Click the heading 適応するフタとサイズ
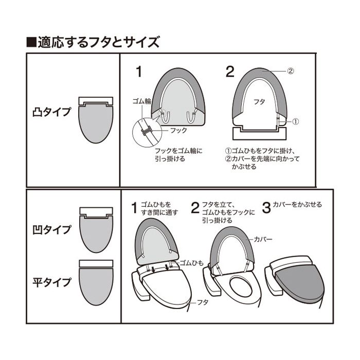point(99,42)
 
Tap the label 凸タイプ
point(51,112)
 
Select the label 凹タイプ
point(51,229)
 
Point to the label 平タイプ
point(51,282)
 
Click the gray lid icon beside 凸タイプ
point(96,123)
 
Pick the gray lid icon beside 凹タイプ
point(96,233)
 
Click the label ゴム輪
point(141,101)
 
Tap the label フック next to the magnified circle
point(178,131)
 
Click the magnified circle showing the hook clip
point(147,133)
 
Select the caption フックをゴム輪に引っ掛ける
point(178,155)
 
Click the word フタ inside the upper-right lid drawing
point(259,101)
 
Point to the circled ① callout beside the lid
point(296,121)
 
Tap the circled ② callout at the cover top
point(291,71)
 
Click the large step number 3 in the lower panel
point(266,208)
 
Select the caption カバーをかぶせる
point(298,205)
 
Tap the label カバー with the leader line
point(263,240)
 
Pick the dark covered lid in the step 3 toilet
point(300,283)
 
